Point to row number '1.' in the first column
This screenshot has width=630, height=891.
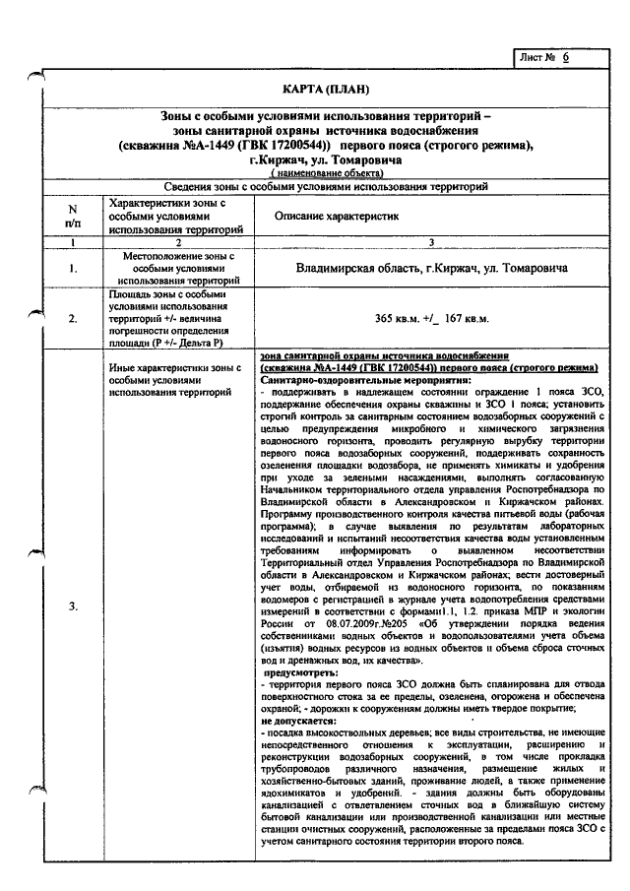point(72,267)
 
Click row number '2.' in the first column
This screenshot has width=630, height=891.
point(72,317)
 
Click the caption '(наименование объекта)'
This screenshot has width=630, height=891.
point(325,172)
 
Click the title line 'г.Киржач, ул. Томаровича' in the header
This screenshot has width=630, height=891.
point(325,159)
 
